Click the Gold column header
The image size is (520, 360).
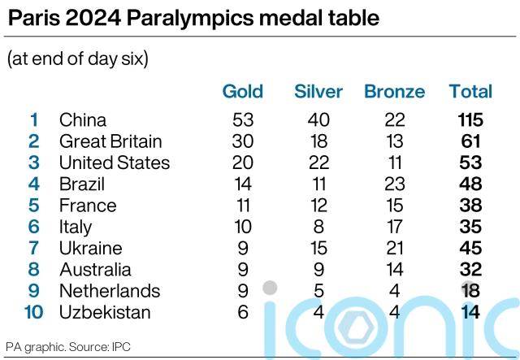pyautogui.click(x=243, y=91)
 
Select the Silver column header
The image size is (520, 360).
pyautogui.click(x=318, y=91)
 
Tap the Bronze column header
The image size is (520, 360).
pyautogui.click(x=395, y=91)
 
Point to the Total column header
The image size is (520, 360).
pyautogui.click(x=470, y=91)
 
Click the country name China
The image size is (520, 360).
pyautogui.click(x=83, y=120)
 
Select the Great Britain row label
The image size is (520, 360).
pyautogui.click(x=110, y=141)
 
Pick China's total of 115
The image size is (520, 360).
pyautogui.click(x=470, y=120)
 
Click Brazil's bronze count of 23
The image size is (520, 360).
pyautogui.click(x=395, y=184)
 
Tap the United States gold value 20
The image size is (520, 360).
pyautogui.click(x=243, y=163)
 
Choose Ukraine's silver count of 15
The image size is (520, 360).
pyautogui.click(x=318, y=248)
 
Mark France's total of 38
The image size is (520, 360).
pyautogui.click(x=470, y=206)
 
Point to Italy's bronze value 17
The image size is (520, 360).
pyautogui.click(x=395, y=227)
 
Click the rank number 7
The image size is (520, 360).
pyautogui.click(x=34, y=248)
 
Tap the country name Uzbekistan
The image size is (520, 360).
pyautogui.click(x=105, y=312)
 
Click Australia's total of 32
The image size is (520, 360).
pyautogui.click(x=470, y=269)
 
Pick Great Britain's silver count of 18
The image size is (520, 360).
pyautogui.click(x=318, y=141)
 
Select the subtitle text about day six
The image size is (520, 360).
pyautogui.click(x=77, y=59)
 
